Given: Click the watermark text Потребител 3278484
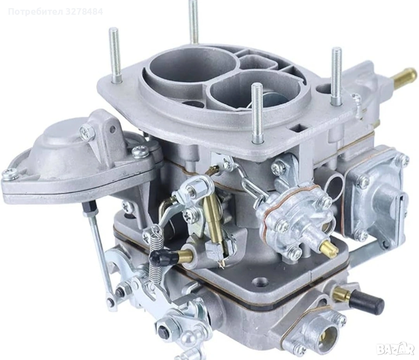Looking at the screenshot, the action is pyautogui.click(x=55, y=12).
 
